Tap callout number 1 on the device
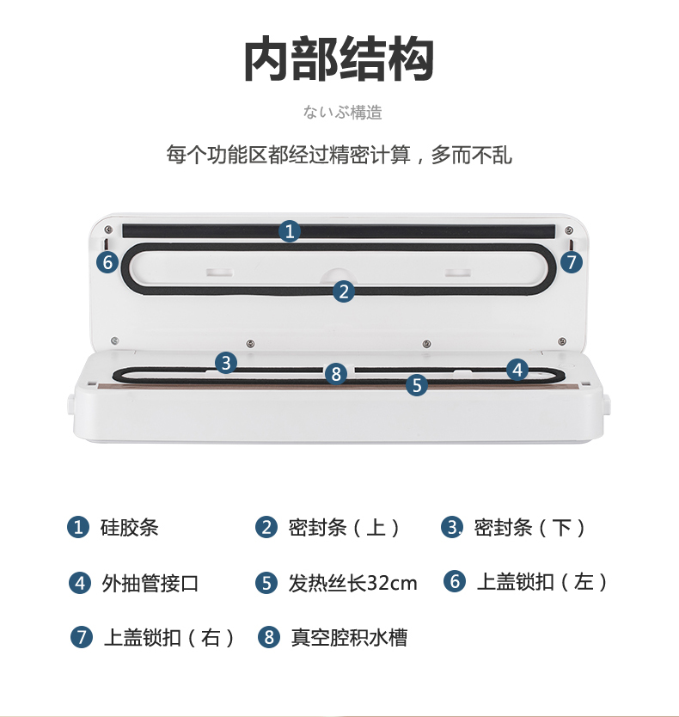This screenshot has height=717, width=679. tap(290, 230)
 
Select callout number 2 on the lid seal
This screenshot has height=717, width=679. tap(344, 291)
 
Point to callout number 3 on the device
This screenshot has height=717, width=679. tap(226, 363)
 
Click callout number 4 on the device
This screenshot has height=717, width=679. tap(517, 370)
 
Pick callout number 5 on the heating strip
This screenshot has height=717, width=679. tap(417, 385)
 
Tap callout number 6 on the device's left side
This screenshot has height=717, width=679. tap(107, 261)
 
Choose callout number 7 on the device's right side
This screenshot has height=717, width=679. tap(572, 261)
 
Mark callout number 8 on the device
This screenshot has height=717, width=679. tap(336, 373)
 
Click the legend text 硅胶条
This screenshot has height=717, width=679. tap(130, 527)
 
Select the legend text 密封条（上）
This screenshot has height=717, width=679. tap(344, 527)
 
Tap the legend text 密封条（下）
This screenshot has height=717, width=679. tap(530, 527)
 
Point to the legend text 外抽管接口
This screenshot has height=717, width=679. tap(150, 583)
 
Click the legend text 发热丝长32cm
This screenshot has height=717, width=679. tap(352, 583)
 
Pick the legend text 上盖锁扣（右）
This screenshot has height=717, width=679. tap(170, 637)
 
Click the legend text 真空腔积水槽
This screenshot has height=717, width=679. tap(349, 637)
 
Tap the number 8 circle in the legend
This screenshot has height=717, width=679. tap(269, 637)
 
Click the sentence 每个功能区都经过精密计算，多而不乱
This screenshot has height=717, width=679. tap(339, 156)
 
